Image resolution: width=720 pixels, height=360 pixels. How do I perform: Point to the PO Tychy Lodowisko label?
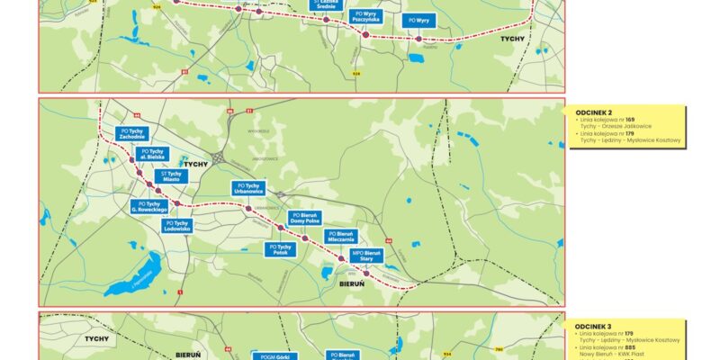(176, 226)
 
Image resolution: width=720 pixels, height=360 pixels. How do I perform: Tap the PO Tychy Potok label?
(281, 249)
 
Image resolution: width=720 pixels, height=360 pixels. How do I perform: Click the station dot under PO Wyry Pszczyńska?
(365, 33)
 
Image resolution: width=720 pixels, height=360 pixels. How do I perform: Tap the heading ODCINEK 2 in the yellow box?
(593, 114)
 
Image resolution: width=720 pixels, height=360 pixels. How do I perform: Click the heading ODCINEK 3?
(593, 327)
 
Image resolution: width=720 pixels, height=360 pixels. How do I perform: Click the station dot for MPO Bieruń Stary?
(365, 274)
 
